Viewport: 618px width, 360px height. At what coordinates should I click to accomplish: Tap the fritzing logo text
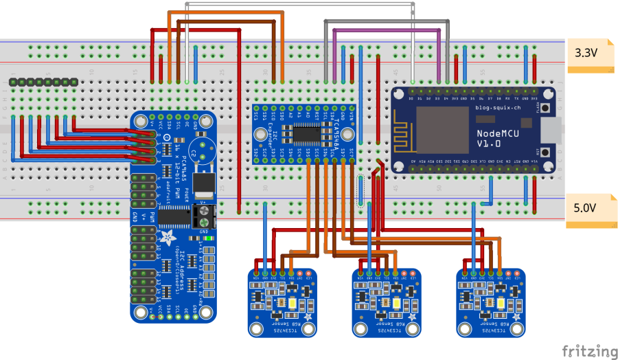click(x=588, y=350)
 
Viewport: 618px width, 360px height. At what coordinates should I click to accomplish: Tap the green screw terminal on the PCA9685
click(x=204, y=218)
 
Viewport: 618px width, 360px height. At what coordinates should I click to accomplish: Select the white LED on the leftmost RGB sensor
click(x=293, y=304)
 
